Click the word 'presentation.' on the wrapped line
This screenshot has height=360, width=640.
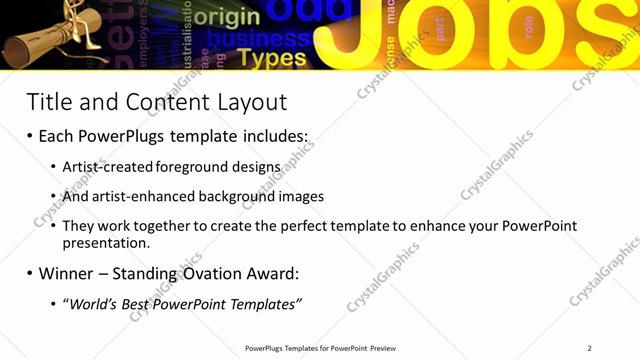click(106, 242)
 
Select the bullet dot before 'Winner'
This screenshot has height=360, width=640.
click(30, 273)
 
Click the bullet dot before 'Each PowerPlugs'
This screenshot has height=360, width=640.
click(30, 136)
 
